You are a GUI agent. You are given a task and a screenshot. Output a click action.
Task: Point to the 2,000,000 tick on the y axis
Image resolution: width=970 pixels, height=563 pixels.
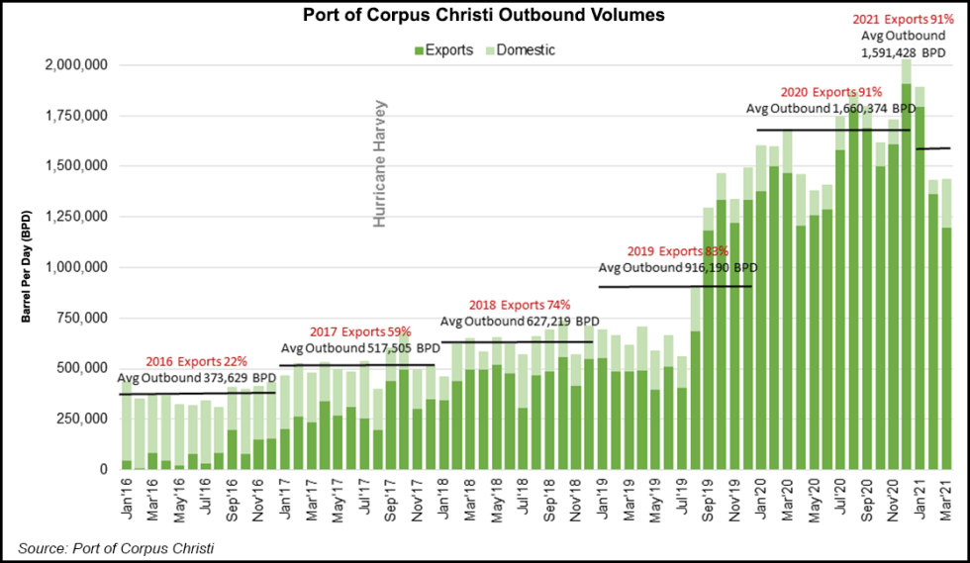pyautogui.click(x=76, y=65)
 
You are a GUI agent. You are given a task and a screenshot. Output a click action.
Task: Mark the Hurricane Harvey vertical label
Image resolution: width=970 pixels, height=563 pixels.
pyautogui.click(x=379, y=163)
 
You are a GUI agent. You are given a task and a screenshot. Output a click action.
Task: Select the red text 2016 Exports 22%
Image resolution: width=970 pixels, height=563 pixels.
pyautogui.click(x=197, y=362)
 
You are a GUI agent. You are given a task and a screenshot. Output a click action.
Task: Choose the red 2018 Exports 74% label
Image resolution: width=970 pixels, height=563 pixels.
pyautogui.click(x=521, y=305)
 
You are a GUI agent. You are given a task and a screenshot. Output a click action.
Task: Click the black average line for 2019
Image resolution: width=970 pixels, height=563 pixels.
pyautogui.click(x=676, y=287)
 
